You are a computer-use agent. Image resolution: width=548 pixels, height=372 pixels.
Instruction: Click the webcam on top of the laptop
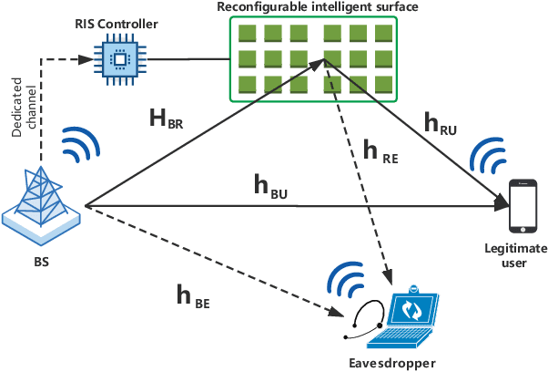point(411,286)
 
